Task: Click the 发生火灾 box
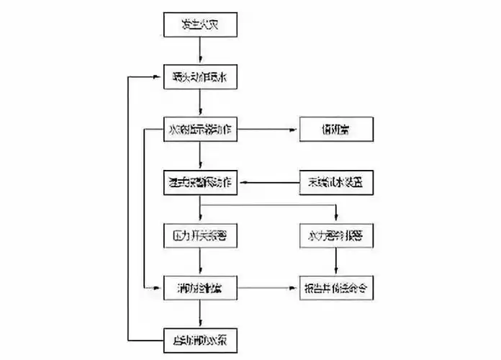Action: (x=200, y=27)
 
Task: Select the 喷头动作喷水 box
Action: (x=200, y=76)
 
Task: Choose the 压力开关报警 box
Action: (x=200, y=235)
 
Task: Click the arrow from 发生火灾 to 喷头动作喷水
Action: (x=200, y=51)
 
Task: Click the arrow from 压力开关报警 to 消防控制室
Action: (x=200, y=262)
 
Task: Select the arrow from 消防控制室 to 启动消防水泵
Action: (x=200, y=312)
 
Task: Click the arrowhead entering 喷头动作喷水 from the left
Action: (x=161, y=76)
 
